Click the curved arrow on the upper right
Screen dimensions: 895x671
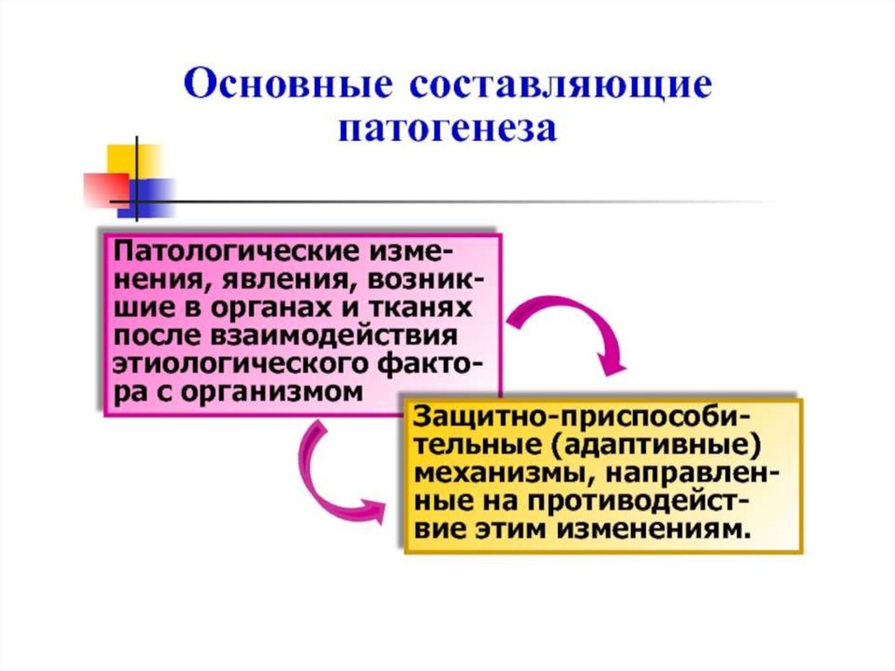coord(578,328)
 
